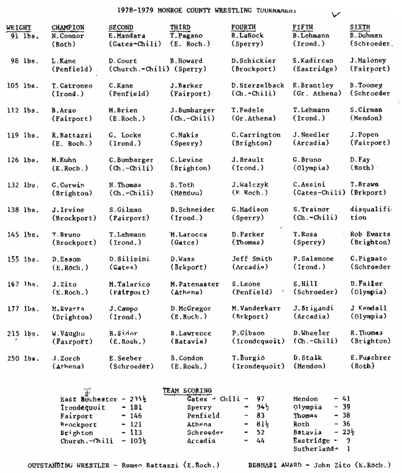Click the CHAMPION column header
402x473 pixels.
68,27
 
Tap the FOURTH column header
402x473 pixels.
243,27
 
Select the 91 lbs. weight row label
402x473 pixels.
24,36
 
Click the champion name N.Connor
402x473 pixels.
67,36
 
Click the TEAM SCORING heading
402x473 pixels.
187,390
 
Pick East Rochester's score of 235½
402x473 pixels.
132,399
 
